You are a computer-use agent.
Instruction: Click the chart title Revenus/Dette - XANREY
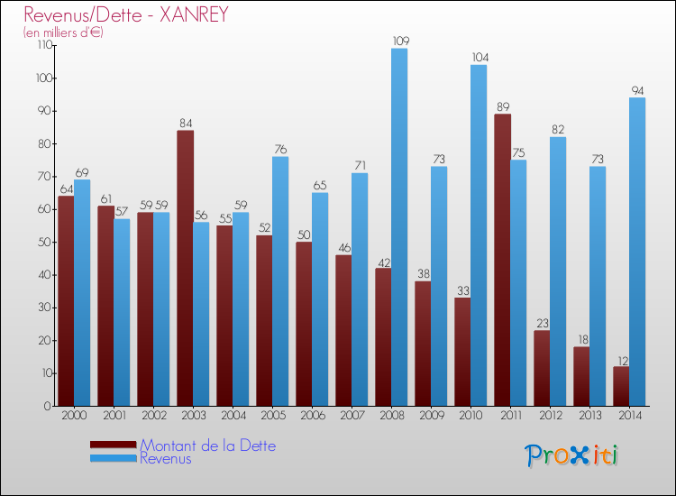pyautogui.click(x=126, y=14)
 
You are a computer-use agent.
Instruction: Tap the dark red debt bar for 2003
pyautogui.click(x=185, y=268)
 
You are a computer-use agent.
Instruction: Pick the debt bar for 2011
pyautogui.click(x=502, y=260)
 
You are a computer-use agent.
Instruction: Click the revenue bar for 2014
pyautogui.click(x=637, y=252)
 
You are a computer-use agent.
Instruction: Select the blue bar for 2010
pyautogui.click(x=479, y=235)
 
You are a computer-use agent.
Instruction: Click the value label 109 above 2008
pyautogui.click(x=399, y=41)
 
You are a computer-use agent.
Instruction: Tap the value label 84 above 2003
pyautogui.click(x=185, y=123)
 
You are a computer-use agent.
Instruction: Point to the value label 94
pyautogui.click(x=637, y=90)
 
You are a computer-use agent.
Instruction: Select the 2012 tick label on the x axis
pyautogui.click(x=549, y=416)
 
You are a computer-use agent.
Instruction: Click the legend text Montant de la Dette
pyautogui.click(x=208, y=445)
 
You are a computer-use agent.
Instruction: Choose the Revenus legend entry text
pyautogui.click(x=166, y=459)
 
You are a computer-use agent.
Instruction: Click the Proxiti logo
pyautogui.click(x=571, y=455)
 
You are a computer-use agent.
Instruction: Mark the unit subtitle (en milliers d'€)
pyautogui.click(x=63, y=32)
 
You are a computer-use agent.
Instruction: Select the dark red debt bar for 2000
pyautogui.click(x=66, y=301)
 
